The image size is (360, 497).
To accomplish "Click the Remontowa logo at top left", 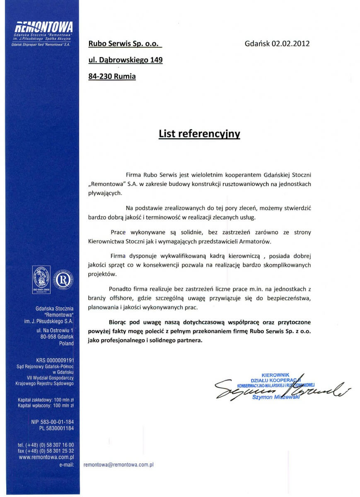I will tap(43, 28).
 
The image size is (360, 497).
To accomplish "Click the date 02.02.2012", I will tap(290, 43).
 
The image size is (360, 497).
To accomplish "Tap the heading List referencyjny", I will tap(199, 134).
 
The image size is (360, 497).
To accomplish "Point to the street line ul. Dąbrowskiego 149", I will tap(125, 60).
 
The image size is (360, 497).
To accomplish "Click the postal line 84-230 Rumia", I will tap(112, 76).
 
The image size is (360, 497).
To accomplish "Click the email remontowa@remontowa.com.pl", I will tap(118, 465).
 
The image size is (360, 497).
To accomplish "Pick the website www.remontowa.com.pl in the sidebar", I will tap(46, 457).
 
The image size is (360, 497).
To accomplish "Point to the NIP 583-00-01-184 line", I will tap(52, 422).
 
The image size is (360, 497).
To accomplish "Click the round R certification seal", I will tap(63, 280).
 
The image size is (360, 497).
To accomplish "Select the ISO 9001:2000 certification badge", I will tap(41, 280).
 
